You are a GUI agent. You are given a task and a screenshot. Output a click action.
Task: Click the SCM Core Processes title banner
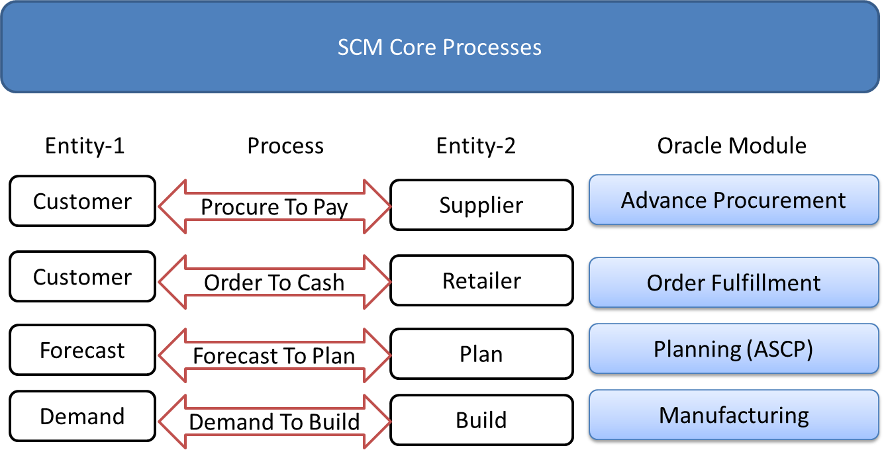[440, 47]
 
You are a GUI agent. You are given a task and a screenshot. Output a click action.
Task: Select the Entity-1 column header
[85, 146]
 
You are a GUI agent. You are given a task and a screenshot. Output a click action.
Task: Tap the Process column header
[285, 146]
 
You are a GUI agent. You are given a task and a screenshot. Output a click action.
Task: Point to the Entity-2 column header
[476, 146]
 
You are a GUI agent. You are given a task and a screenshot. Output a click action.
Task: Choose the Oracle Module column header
[732, 146]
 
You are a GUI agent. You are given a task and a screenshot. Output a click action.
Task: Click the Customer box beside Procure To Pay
[82, 201]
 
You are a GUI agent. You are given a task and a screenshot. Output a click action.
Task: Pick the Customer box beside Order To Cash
[82, 277]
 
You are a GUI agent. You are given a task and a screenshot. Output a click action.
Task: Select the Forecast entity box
[82, 350]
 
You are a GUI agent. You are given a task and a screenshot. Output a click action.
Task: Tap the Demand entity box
[82, 416]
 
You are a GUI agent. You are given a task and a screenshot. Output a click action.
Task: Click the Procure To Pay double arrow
[274, 207]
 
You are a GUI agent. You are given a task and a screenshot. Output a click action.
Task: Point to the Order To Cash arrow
[274, 283]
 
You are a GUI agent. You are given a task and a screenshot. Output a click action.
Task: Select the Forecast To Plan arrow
[274, 356]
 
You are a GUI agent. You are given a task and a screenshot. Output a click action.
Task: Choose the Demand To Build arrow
[274, 422]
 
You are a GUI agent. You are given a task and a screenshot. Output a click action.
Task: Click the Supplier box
[481, 205]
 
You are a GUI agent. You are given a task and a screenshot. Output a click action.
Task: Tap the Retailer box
[481, 281]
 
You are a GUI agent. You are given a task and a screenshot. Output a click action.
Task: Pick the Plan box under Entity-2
[481, 354]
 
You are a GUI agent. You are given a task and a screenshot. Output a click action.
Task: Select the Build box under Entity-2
[481, 420]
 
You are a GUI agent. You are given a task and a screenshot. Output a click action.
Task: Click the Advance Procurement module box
[733, 201]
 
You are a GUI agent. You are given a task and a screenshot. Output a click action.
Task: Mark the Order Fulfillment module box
[733, 283]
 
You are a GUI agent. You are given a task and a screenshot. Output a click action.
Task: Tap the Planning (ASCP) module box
[733, 349]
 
